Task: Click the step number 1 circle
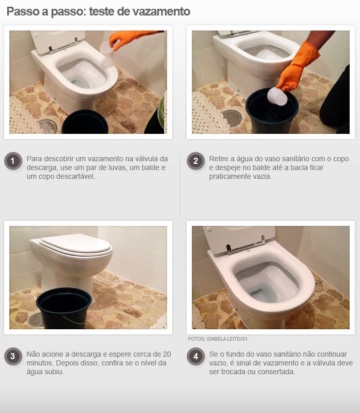[13, 162]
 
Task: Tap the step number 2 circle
[195, 162]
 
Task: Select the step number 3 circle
[13, 357]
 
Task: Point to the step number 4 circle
[195, 357]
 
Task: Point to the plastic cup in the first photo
[107, 51]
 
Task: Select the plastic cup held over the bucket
[278, 96]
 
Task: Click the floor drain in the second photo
[231, 118]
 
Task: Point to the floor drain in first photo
[48, 126]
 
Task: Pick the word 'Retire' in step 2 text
[219, 159]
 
